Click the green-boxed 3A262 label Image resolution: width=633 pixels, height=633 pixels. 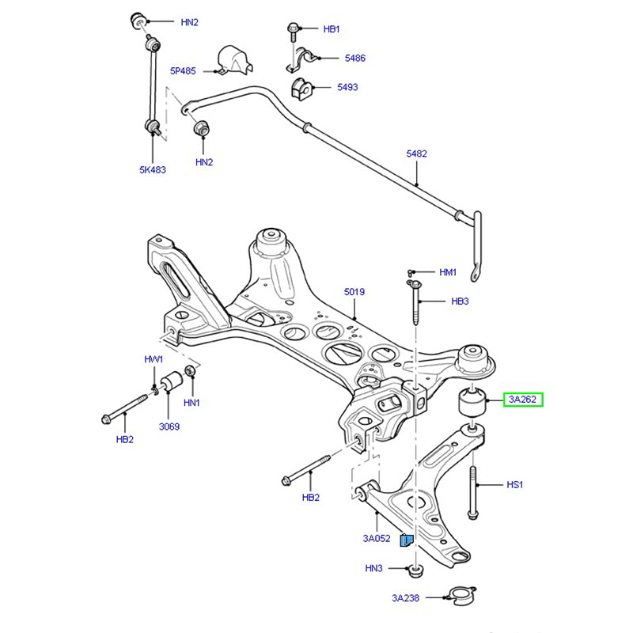pos(522,400)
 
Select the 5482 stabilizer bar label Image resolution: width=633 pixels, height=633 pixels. pos(416,154)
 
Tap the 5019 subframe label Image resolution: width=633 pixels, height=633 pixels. pos(354,292)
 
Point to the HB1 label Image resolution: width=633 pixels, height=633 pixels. pos(332,29)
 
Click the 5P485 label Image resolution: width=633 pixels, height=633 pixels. pos(183,70)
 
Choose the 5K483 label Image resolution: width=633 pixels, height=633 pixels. pos(153,169)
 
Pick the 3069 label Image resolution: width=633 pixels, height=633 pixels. pos(169,427)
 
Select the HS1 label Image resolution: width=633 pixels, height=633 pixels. pos(514,484)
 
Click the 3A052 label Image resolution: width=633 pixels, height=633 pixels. pos(377,539)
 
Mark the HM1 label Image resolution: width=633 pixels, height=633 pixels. pos(448,272)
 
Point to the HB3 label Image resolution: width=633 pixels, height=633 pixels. pos(461,301)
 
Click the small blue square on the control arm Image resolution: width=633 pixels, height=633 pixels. pos(406,541)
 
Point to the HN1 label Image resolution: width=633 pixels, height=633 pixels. pos(191,403)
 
